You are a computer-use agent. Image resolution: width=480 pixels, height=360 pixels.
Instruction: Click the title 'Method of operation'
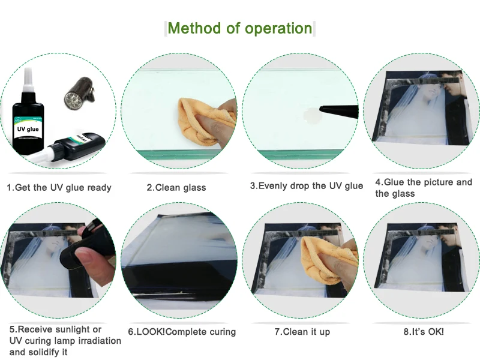239,28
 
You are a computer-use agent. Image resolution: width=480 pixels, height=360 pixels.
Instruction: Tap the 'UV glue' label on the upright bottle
28,129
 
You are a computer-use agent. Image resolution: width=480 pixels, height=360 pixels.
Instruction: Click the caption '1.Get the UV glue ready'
59,187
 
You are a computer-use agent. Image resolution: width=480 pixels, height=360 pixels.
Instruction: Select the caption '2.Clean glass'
176,187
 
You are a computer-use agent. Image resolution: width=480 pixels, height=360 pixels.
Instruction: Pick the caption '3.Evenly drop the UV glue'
307,186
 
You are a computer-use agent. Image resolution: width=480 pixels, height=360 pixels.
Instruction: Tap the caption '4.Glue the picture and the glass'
424,188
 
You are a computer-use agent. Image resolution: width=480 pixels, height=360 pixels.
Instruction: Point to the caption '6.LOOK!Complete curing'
182,332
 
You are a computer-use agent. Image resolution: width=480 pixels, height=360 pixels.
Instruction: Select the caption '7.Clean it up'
302,332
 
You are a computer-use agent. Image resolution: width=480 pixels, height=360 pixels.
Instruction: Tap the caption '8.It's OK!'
424,332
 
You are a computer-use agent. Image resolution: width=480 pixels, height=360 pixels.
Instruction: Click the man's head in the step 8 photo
450,236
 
